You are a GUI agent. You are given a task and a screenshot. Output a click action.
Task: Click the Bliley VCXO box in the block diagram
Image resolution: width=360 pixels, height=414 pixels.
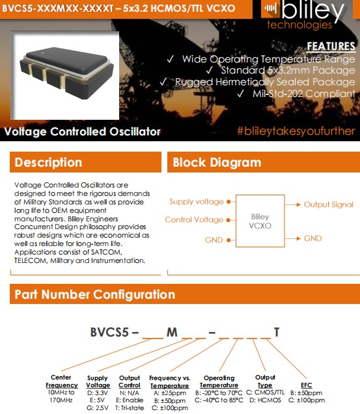pos(260,221)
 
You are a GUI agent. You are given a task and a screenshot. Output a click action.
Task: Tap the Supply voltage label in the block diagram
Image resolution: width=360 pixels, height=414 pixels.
pos(197,202)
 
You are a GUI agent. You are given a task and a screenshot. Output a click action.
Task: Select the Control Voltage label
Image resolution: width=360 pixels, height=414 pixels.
pos(194,219)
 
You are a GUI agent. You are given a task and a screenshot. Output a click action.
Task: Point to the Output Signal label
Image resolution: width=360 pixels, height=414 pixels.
pos(329,204)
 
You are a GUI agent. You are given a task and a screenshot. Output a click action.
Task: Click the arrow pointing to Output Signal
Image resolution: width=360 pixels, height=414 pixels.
pos(293,204)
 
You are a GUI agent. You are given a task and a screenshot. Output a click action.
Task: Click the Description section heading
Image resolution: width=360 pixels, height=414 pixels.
pos(48,162)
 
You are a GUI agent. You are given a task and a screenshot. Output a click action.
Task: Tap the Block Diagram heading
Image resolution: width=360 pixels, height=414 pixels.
pos(217,162)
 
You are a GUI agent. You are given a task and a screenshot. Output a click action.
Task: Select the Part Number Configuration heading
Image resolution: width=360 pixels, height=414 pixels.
pos(95,294)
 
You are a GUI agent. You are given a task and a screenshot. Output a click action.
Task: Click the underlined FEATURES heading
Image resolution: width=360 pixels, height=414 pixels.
pos(331,46)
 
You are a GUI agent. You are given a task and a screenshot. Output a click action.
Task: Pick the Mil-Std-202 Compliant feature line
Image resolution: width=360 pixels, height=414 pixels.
pos(304,94)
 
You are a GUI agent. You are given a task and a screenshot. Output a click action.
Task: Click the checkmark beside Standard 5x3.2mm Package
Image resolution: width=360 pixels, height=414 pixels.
pos(210,70)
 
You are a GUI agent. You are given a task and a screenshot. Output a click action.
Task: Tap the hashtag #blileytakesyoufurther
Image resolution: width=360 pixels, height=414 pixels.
pos(296,131)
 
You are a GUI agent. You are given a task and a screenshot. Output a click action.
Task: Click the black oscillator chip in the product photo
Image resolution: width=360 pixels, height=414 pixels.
pos(66,72)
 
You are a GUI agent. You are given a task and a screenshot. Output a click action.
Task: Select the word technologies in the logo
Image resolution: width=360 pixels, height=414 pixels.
pos(299,25)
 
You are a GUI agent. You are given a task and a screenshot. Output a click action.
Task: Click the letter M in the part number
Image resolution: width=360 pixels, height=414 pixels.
pos(172,333)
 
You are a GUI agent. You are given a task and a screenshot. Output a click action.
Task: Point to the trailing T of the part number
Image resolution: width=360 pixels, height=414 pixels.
pos(277,332)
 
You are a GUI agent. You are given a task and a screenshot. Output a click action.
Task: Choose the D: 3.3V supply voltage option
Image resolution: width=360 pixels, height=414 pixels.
pos(98,393)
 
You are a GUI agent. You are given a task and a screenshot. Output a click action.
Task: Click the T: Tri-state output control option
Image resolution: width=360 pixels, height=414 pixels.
pos(130,408)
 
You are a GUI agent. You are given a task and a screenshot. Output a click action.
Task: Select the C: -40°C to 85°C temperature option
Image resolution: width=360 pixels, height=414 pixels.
pos(219,400)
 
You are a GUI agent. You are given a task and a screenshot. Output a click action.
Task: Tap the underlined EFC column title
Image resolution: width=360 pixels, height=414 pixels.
pos(307,385)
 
